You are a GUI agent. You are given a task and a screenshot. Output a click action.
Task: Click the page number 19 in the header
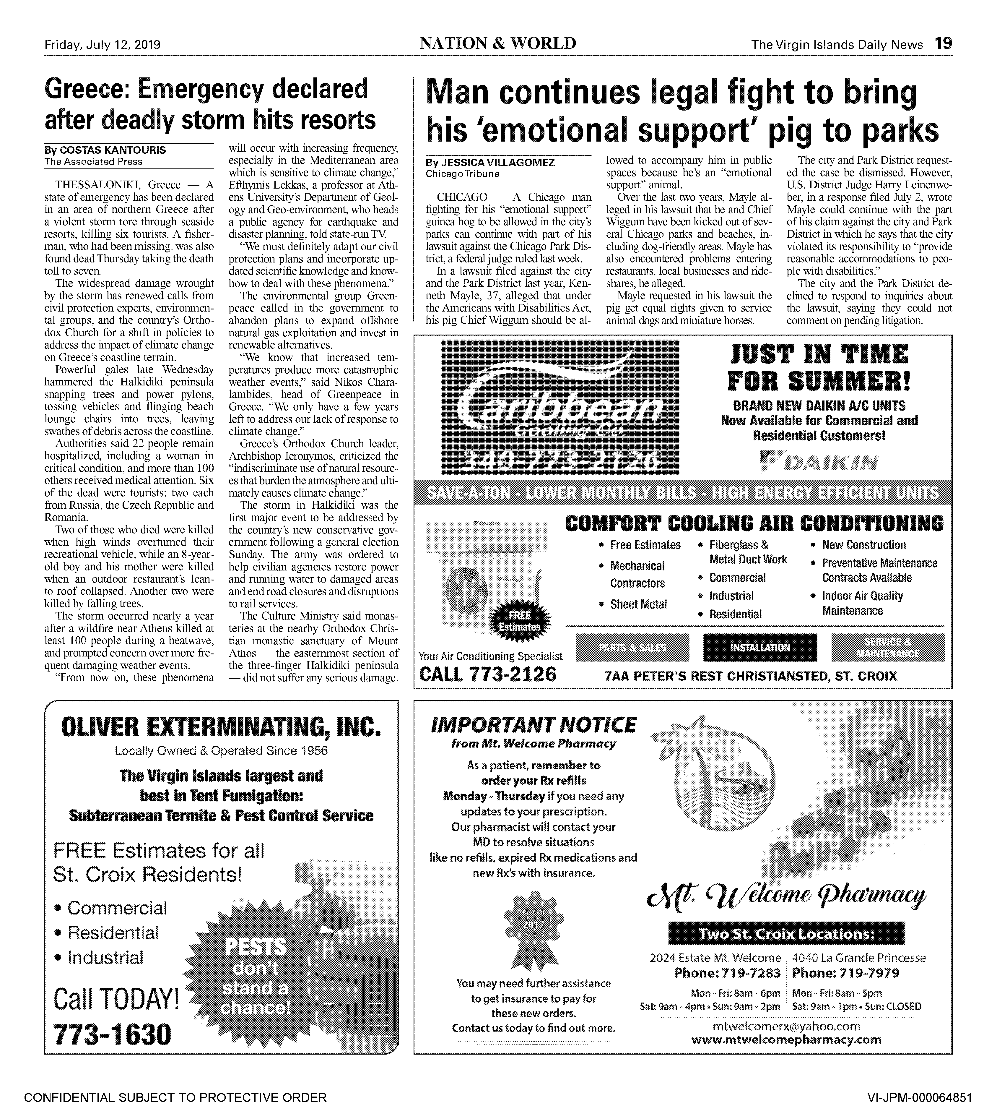943,44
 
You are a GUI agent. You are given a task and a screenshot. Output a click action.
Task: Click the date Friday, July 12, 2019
103,44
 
